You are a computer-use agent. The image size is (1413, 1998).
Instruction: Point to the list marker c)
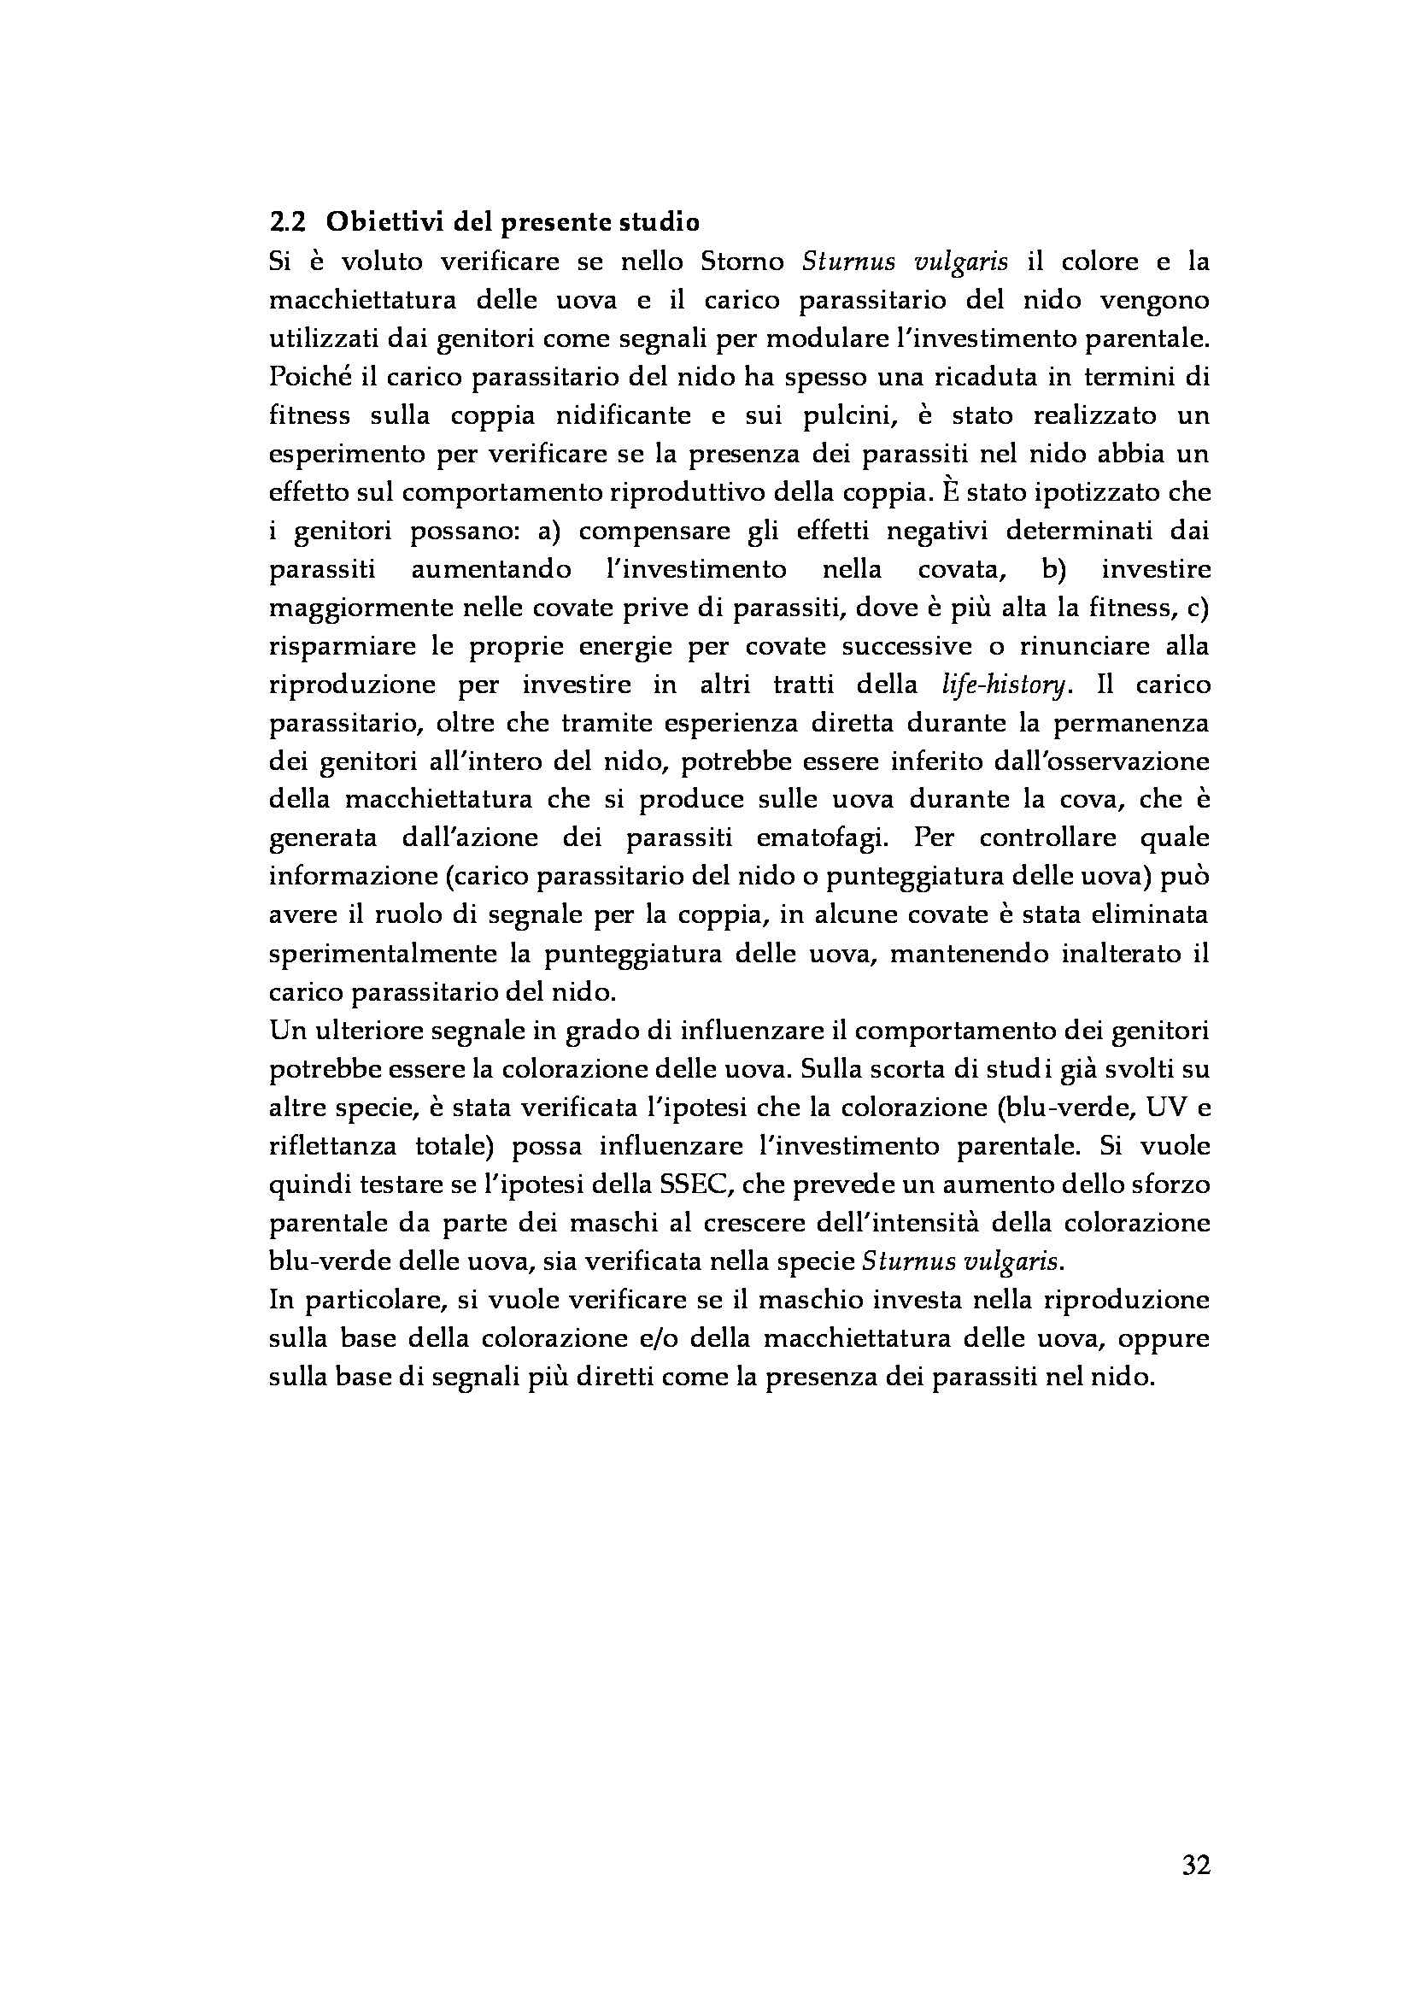coord(1197,608)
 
